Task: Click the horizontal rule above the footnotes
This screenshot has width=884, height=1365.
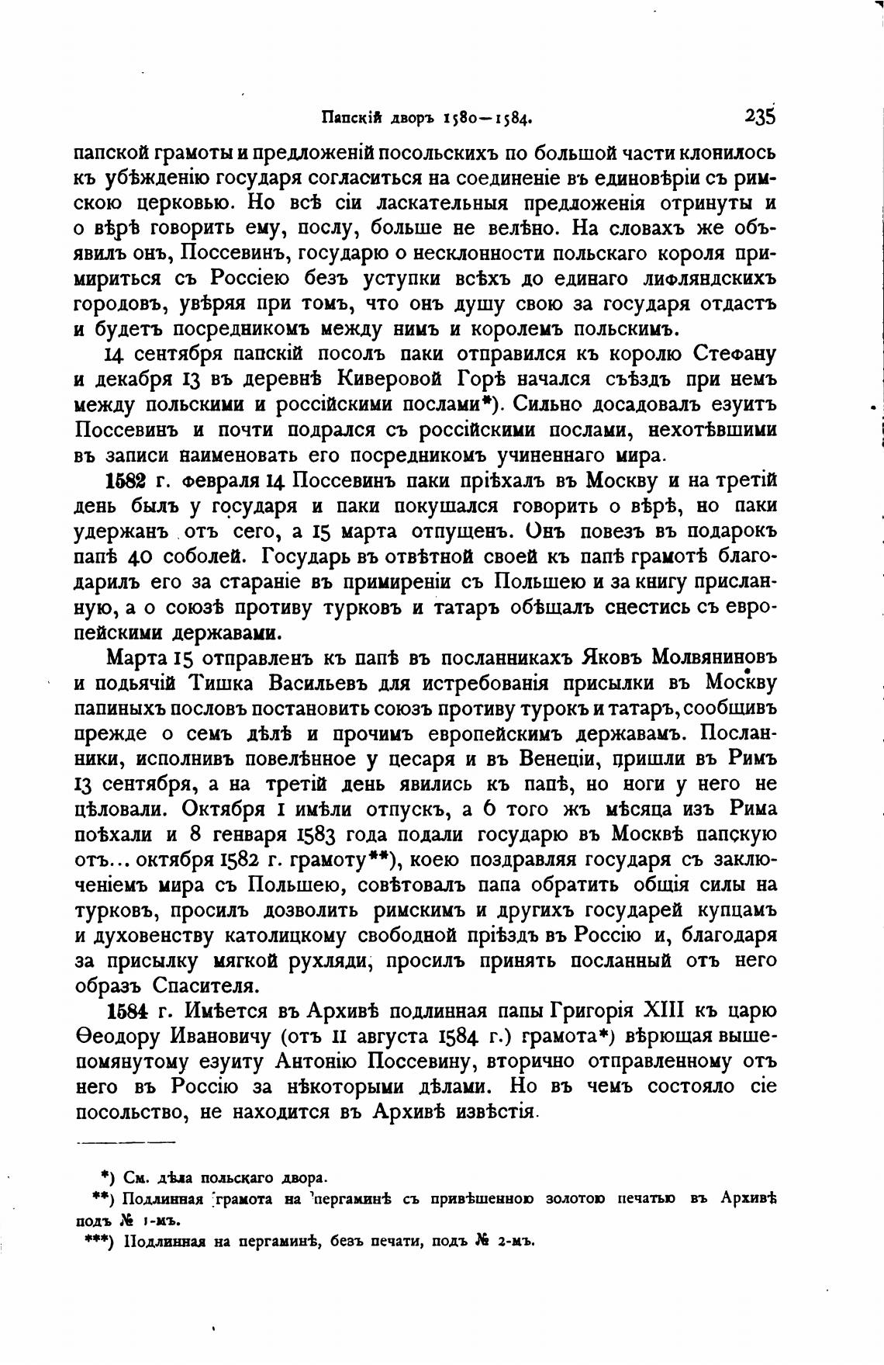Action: (x=126, y=1142)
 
